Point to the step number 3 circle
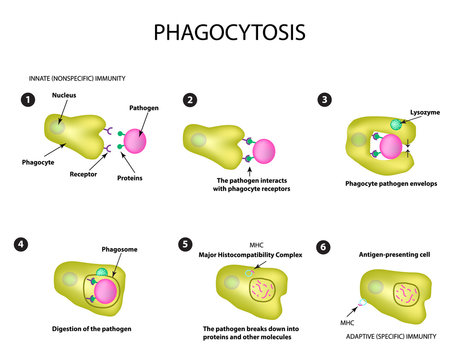pos(324,100)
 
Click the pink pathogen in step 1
pos(138,137)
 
